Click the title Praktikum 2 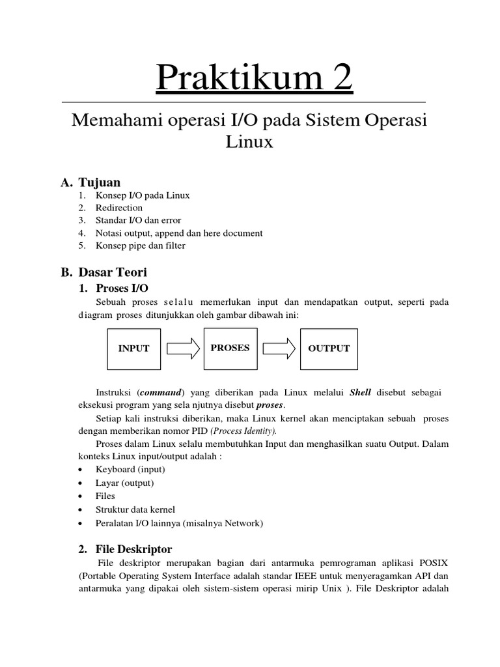[x=254, y=79]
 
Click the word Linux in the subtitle [x=249, y=142]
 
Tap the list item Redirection [x=119, y=208]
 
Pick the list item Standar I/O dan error [x=138, y=220]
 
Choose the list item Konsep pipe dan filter [x=140, y=246]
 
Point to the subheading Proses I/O [x=126, y=287]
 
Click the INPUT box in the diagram [x=133, y=348]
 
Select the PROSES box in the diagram [x=230, y=348]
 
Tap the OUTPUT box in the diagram [x=329, y=348]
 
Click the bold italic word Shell [x=360, y=392]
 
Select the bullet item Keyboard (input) [x=130, y=469]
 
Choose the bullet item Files [x=105, y=496]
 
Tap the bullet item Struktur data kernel [x=135, y=509]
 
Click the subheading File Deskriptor [x=133, y=549]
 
